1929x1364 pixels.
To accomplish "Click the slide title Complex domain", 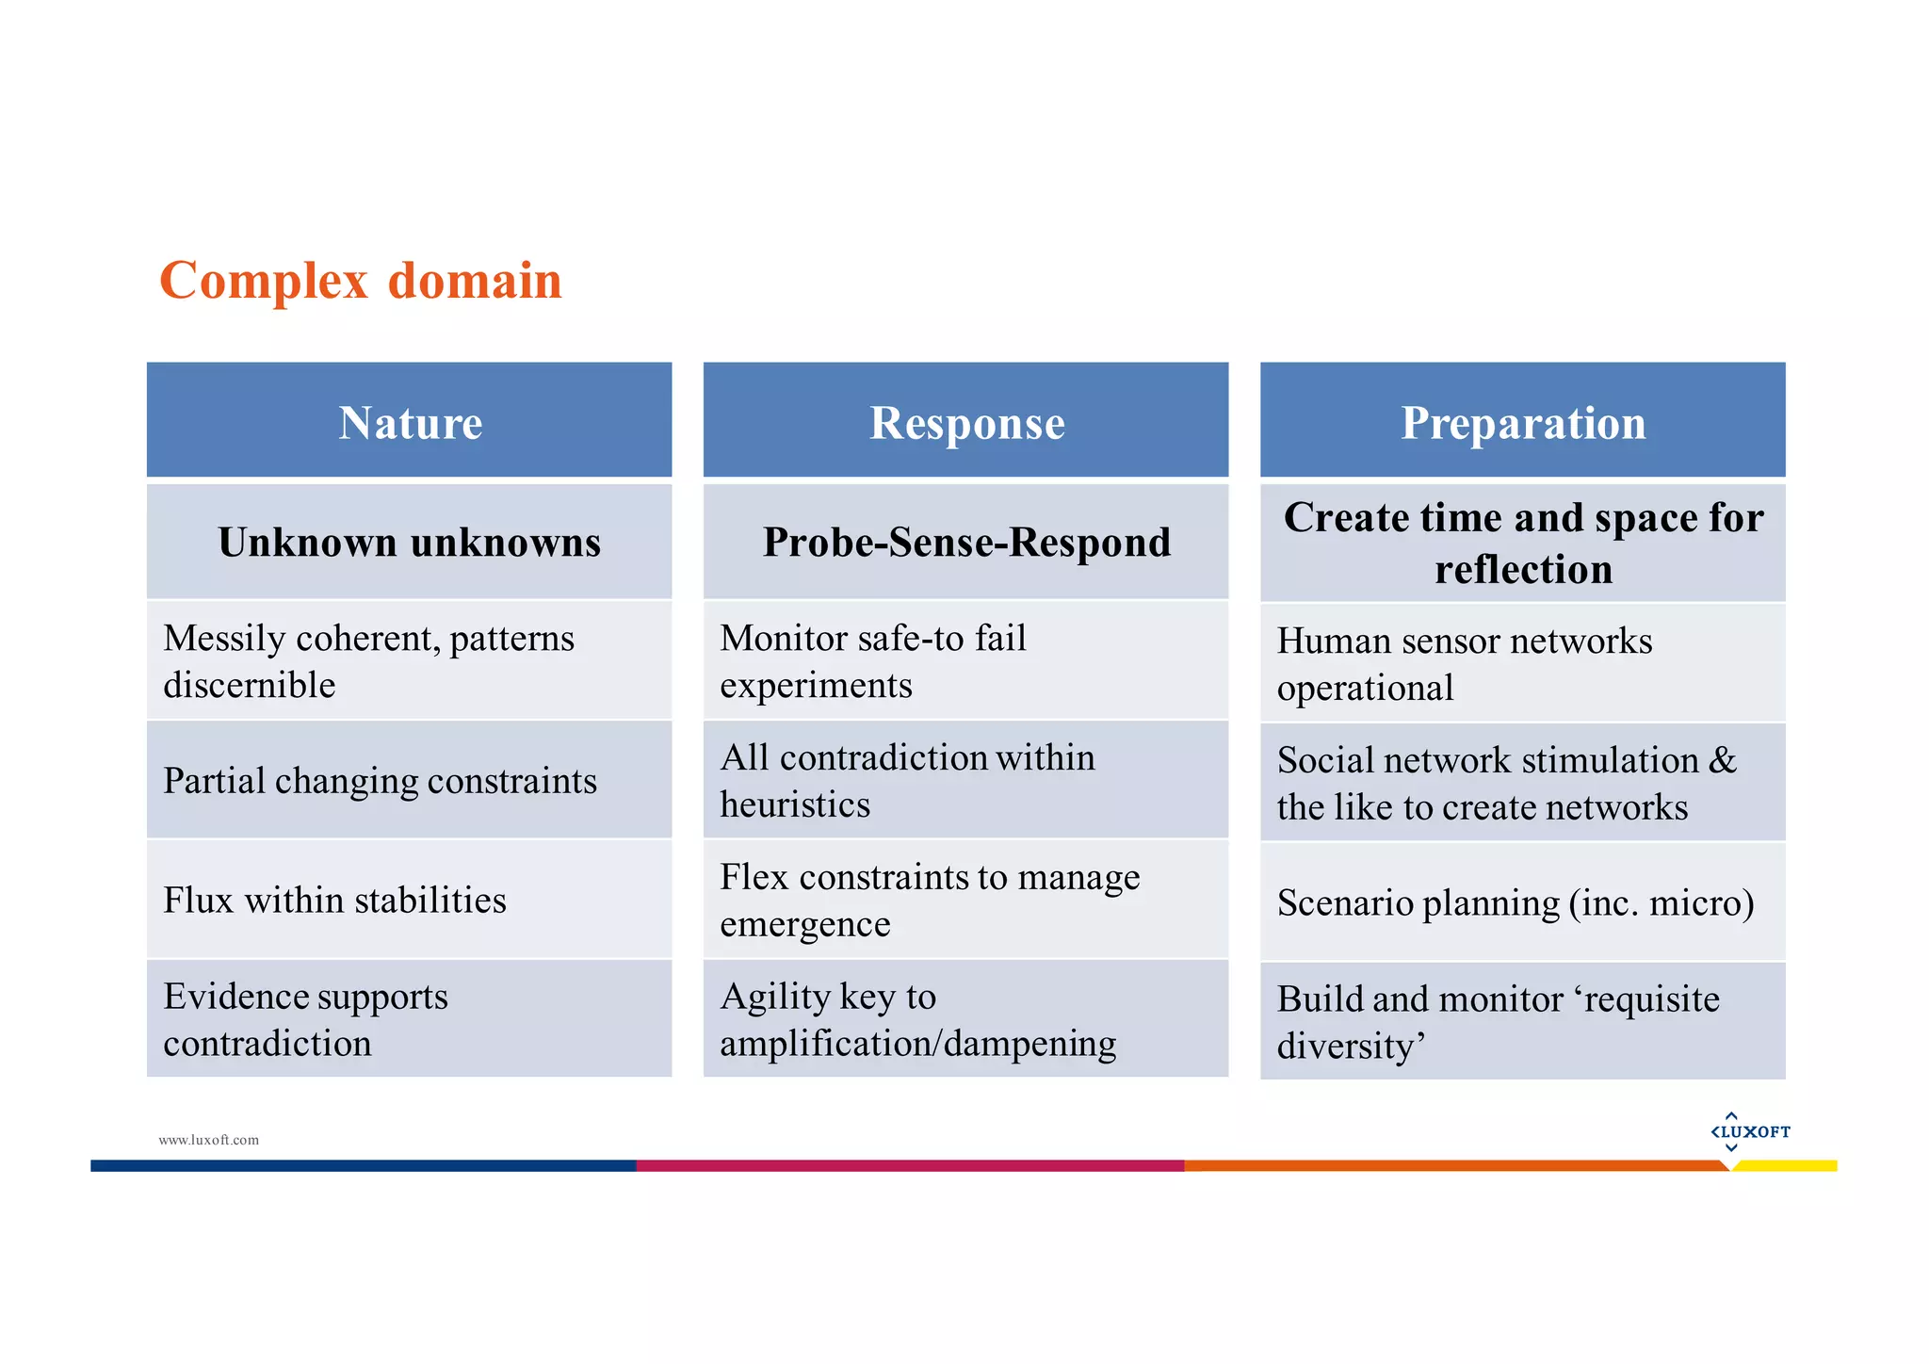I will coord(361,281).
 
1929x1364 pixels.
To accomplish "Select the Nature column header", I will coord(410,422).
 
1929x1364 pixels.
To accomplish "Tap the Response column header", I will coord(966,422).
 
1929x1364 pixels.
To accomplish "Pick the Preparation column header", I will coord(1522,422).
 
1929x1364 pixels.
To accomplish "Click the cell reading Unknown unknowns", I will coord(410,543).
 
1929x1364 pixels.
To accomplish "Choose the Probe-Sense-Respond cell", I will coord(966,543).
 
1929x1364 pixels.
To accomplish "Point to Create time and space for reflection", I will coord(1522,544).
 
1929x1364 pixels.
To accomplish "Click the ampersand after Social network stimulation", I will coord(1723,760).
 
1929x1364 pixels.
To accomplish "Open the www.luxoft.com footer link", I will coord(208,1140).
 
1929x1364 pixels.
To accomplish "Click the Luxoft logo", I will coord(1750,1131).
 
